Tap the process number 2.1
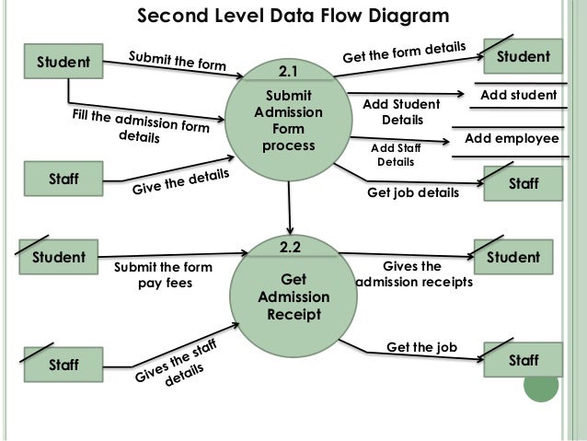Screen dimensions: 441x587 point(290,70)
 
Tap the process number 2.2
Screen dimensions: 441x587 point(290,247)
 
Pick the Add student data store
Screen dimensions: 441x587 point(519,96)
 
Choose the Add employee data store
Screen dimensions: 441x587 point(512,138)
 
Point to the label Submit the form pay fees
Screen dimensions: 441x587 point(162,275)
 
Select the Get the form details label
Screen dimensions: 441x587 point(405,52)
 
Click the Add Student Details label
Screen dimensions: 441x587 point(403,113)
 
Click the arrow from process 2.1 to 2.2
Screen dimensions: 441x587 point(290,207)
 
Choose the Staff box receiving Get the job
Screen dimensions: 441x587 point(524,361)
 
